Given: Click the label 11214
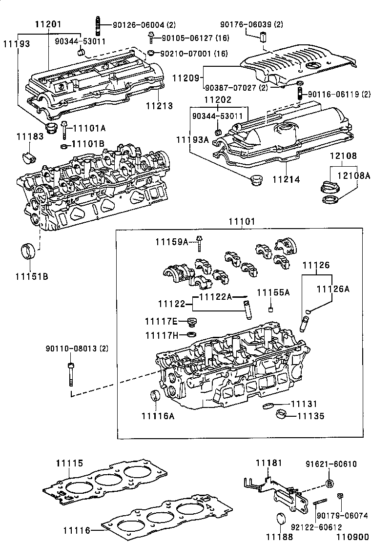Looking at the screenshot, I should click(x=286, y=179).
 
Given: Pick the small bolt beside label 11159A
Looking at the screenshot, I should click(x=199, y=240).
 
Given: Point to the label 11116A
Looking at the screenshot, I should click(x=158, y=415).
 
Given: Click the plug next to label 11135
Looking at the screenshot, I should click(x=281, y=416).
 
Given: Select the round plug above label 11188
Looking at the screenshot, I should click(x=282, y=518).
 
